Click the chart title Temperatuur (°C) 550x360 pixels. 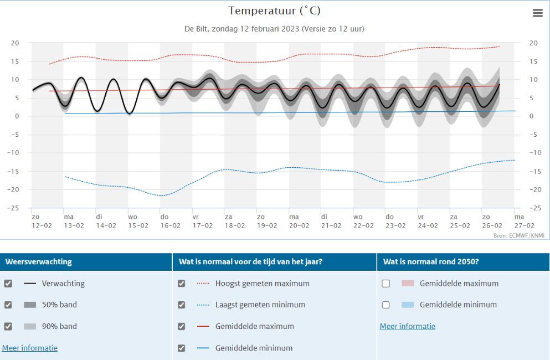274,11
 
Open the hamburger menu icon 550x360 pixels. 537,13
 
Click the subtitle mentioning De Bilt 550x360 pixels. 274,28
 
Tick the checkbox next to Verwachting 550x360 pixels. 8,284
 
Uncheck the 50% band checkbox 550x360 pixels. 8,305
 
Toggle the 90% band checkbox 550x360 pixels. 8,326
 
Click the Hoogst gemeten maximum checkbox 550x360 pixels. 181,284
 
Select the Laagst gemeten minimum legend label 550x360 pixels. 260,305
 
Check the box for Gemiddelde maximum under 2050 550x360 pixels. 385,284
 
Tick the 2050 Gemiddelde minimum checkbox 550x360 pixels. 385,305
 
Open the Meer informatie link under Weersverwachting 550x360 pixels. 30,348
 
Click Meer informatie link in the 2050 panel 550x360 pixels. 407,326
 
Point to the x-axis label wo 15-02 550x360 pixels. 133,221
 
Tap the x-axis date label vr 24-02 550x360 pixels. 422,221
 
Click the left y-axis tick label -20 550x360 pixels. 15,189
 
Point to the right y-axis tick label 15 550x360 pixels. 533,61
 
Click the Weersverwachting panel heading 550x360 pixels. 39,262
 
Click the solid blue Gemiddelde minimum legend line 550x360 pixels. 203,348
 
